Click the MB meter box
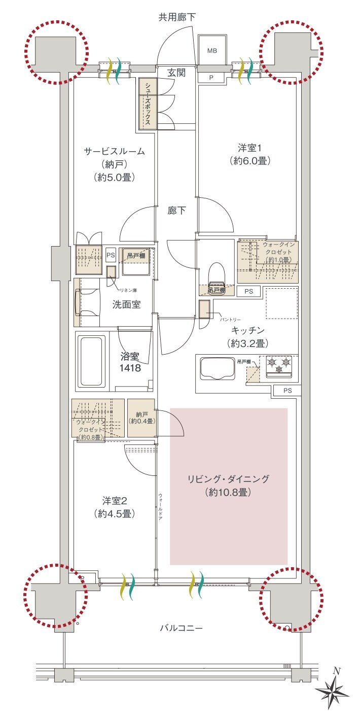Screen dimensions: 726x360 point(212,51)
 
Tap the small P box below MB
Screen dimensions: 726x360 point(212,77)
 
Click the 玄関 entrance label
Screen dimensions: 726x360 point(176,73)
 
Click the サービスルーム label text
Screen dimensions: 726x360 point(115,151)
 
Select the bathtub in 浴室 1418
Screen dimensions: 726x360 point(92,361)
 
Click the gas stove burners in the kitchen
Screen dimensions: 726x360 point(279,366)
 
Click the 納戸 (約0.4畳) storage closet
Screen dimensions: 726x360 point(141,418)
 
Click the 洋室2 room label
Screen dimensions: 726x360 point(114,500)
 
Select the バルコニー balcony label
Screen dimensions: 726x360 point(182,628)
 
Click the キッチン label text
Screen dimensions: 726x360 point(248,331)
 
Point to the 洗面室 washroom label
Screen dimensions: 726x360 point(126,304)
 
